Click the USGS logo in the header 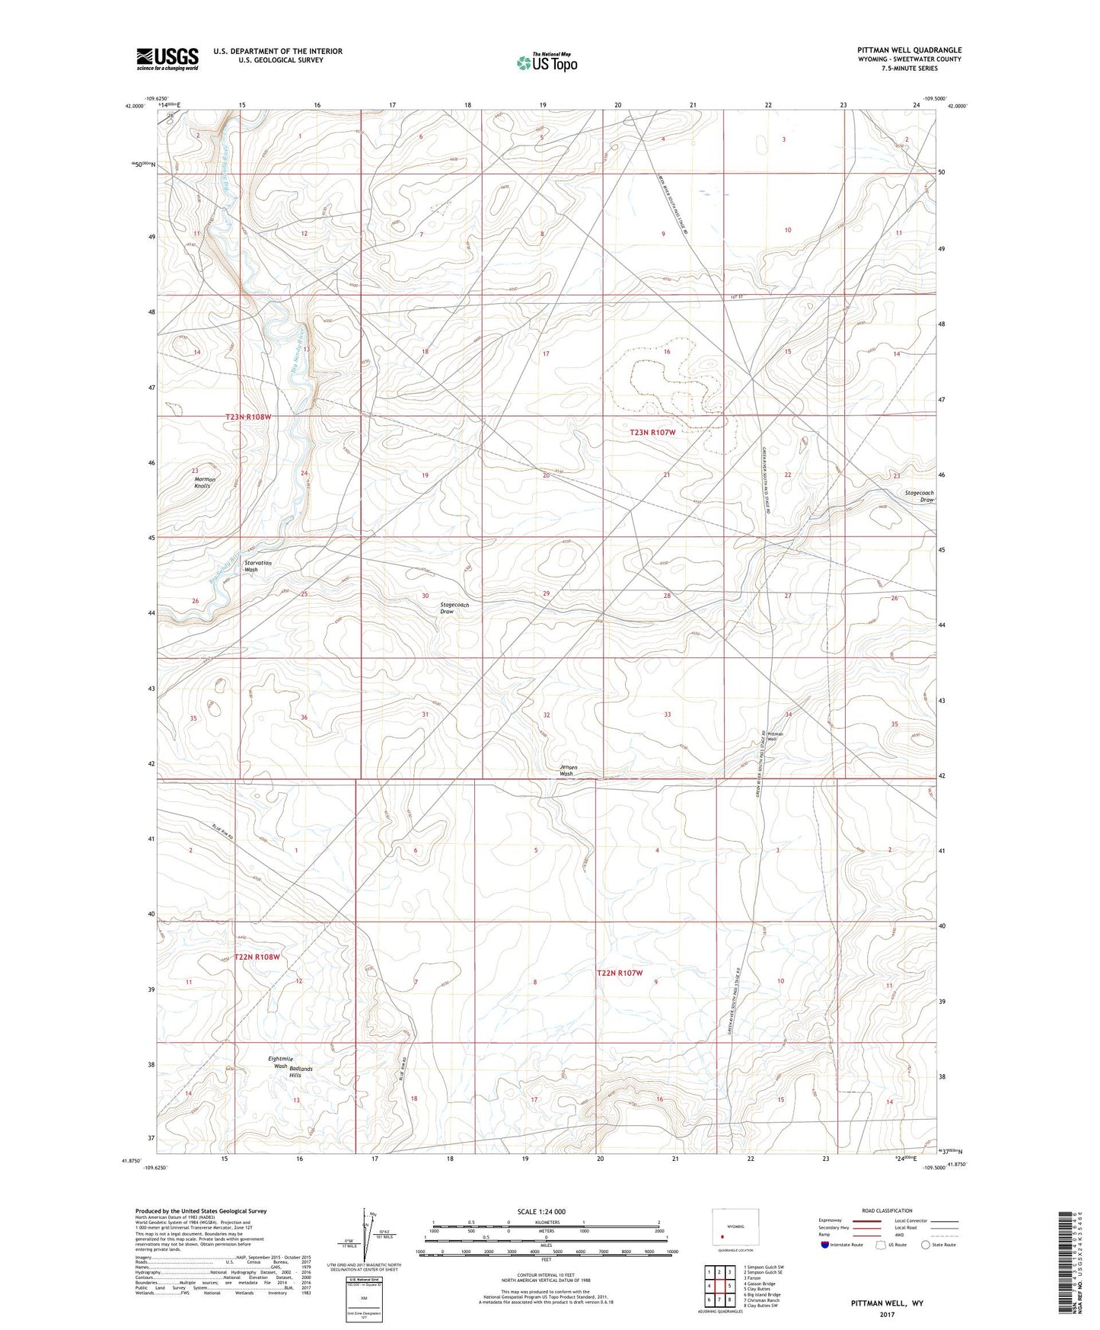coord(167,59)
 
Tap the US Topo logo coord(546,62)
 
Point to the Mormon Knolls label coord(204,482)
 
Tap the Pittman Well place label coord(775,737)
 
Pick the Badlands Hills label coord(300,1072)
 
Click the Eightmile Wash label coord(281,1062)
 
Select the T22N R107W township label coord(620,973)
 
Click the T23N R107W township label coord(652,432)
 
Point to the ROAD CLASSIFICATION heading coord(886,1210)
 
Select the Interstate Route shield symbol coord(825,1245)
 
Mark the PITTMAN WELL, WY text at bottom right coord(887,1303)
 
